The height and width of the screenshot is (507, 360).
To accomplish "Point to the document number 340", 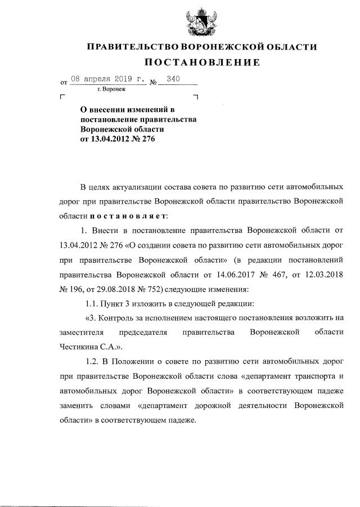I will (x=173, y=79).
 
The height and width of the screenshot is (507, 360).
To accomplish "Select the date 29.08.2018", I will (x=109, y=289).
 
